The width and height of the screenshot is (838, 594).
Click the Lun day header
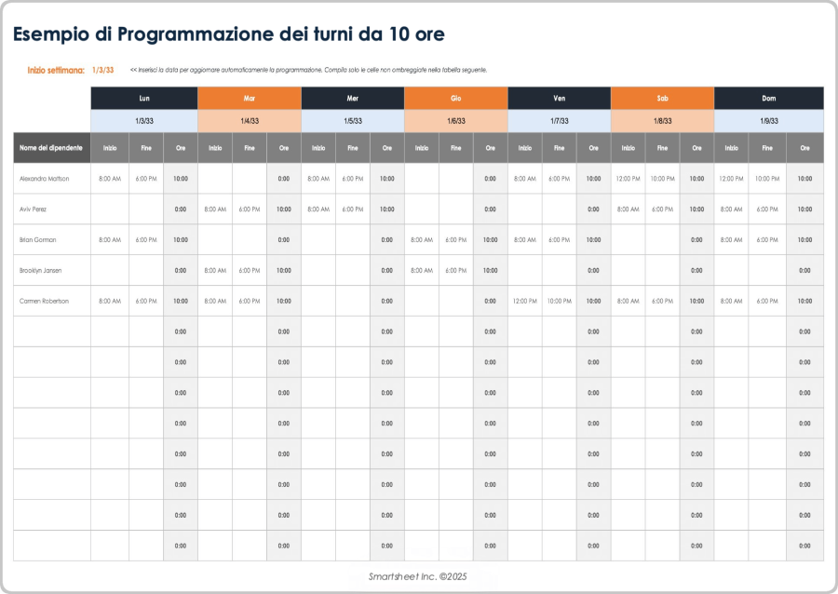[144, 98]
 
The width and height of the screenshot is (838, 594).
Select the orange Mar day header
[250, 98]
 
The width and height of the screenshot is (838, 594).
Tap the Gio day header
[455, 98]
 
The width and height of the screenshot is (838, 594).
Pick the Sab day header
[662, 98]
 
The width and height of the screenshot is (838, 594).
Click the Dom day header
[768, 98]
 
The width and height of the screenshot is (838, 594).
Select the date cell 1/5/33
[352, 121]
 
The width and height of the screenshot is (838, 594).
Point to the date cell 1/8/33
[662, 121]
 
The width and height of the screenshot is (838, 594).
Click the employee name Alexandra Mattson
[44, 179]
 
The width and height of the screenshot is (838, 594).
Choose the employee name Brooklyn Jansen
[41, 271]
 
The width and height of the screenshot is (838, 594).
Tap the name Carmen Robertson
[44, 302]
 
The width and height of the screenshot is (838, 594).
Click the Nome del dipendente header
[51, 148]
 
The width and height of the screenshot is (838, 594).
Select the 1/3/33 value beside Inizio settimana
[103, 70]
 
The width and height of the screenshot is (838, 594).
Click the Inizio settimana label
[56, 70]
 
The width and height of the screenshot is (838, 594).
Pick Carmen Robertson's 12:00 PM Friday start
[524, 302]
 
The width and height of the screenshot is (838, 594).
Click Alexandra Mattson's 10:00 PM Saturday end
[662, 179]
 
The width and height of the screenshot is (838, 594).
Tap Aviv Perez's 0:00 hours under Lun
[181, 209]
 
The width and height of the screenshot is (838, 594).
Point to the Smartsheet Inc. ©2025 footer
[417, 577]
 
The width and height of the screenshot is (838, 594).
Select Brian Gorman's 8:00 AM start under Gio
[421, 240]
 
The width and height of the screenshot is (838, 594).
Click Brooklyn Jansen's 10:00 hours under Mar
[284, 271]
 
